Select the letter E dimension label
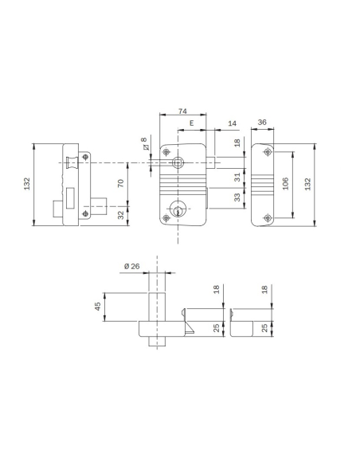coord(192,123)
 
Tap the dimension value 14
coord(231,123)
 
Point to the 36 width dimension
coord(264,123)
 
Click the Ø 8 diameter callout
coord(144,143)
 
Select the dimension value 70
coord(121,183)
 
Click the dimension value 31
coord(237,177)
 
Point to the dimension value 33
coord(237,199)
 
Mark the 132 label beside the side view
coord(28,184)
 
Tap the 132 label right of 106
coord(307,184)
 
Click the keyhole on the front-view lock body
coord(177,211)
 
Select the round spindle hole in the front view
coord(177,162)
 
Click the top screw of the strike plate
coord(267,151)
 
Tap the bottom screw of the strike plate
coord(267,217)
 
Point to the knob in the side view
coord(73,163)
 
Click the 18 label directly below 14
coord(237,143)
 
